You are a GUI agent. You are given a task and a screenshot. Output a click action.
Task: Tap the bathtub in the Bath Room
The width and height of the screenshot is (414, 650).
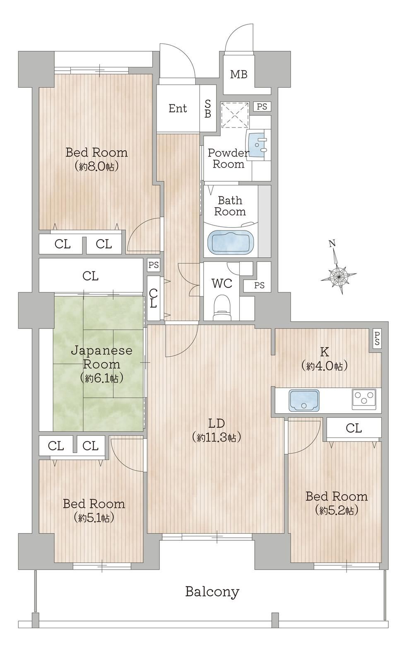(x=231, y=242)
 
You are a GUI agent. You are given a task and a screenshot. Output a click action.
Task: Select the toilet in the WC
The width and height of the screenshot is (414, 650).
(x=222, y=308)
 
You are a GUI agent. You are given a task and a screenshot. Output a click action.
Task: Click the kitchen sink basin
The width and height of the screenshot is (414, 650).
(x=304, y=401)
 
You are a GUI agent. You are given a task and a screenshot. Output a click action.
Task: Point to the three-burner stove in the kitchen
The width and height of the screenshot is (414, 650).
(x=364, y=399)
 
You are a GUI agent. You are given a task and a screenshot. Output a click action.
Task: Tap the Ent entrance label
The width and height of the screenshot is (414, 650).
(x=178, y=108)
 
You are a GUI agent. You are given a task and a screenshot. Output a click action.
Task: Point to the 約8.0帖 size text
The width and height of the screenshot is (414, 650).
(x=96, y=167)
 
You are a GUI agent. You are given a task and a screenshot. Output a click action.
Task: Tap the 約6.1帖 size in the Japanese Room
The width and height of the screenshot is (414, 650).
(x=101, y=378)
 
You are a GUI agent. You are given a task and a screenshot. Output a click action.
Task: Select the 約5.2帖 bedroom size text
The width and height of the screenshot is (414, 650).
(x=337, y=510)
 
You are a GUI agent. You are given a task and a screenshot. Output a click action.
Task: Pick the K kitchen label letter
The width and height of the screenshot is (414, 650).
(x=324, y=352)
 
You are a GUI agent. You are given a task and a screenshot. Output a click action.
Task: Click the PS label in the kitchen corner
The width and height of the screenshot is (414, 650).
(x=377, y=338)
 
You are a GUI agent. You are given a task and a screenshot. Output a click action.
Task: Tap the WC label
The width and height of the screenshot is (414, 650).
(x=222, y=283)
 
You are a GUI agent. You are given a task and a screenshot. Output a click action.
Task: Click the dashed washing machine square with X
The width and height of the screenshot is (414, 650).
(x=235, y=115)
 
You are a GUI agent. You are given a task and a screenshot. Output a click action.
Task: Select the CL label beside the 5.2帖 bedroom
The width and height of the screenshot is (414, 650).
(x=354, y=428)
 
